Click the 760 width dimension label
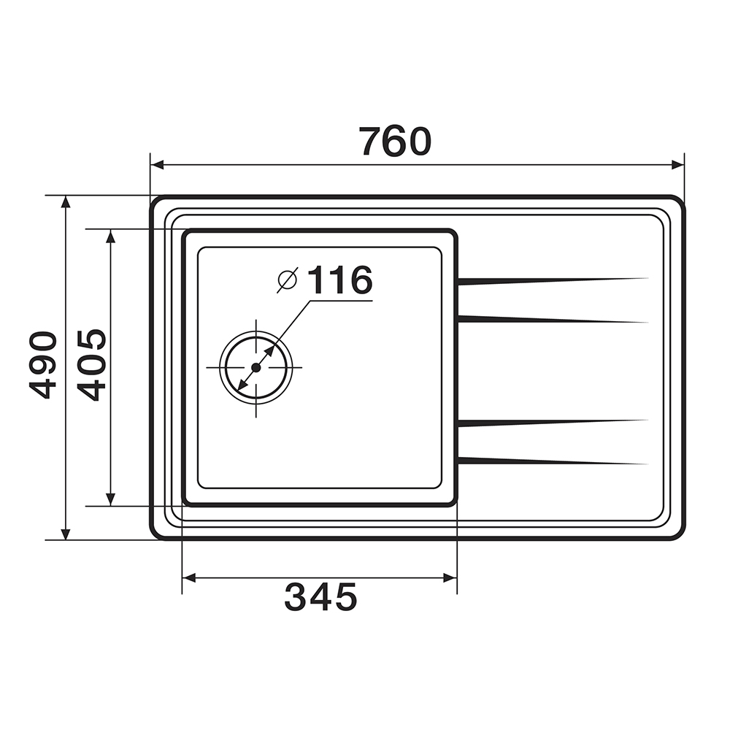(395, 141)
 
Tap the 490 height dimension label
(43, 365)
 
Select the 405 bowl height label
(92, 365)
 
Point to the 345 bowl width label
(320, 596)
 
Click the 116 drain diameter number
(340, 280)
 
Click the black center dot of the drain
(255, 367)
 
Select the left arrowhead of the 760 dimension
(158, 165)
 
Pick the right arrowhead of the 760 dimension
(677, 165)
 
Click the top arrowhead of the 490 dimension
(66, 202)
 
